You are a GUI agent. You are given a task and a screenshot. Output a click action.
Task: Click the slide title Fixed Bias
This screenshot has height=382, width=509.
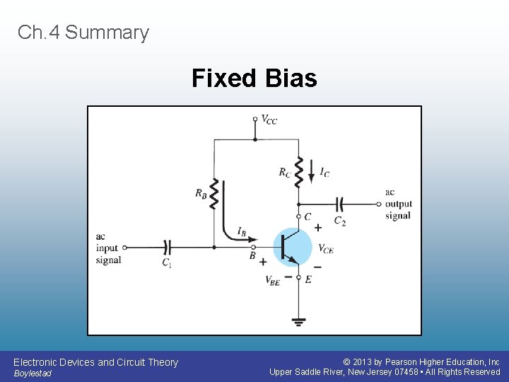[x=254, y=78]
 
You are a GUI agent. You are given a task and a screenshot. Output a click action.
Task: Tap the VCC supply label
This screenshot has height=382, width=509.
[x=269, y=120]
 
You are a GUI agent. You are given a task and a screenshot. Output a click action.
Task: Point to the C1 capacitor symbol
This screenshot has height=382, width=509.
[x=167, y=248]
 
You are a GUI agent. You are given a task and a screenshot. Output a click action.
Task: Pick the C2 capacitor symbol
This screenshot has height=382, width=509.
[x=339, y=204]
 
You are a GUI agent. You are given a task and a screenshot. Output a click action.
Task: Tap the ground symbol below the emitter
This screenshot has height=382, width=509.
[x=299, y=322]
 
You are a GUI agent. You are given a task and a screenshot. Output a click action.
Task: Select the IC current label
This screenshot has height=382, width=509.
[x=324, y=172]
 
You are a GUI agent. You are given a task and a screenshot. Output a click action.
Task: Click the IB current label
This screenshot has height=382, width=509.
[x=242, y=231]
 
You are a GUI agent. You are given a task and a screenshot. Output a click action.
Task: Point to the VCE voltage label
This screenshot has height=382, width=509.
[x=326, y=248]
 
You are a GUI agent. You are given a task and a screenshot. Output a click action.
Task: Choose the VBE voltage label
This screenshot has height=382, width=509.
[x=273, y=279]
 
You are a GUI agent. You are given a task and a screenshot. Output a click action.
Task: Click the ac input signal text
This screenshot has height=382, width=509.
[x=108, y=248]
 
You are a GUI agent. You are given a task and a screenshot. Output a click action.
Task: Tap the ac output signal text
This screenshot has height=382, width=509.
[x=398, y=204]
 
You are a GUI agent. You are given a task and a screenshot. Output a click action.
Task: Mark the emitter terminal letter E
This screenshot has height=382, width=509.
[x=308, y=279]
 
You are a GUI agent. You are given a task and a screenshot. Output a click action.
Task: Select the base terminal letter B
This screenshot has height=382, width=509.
[x=252, y=255]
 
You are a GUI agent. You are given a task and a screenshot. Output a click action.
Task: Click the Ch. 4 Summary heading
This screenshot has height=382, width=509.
[x=83, y=33]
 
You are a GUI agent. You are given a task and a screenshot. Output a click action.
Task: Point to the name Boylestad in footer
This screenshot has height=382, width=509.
[x=33, y=374]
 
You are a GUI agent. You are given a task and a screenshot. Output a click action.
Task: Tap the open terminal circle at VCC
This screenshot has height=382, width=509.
[x=255, y=119]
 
